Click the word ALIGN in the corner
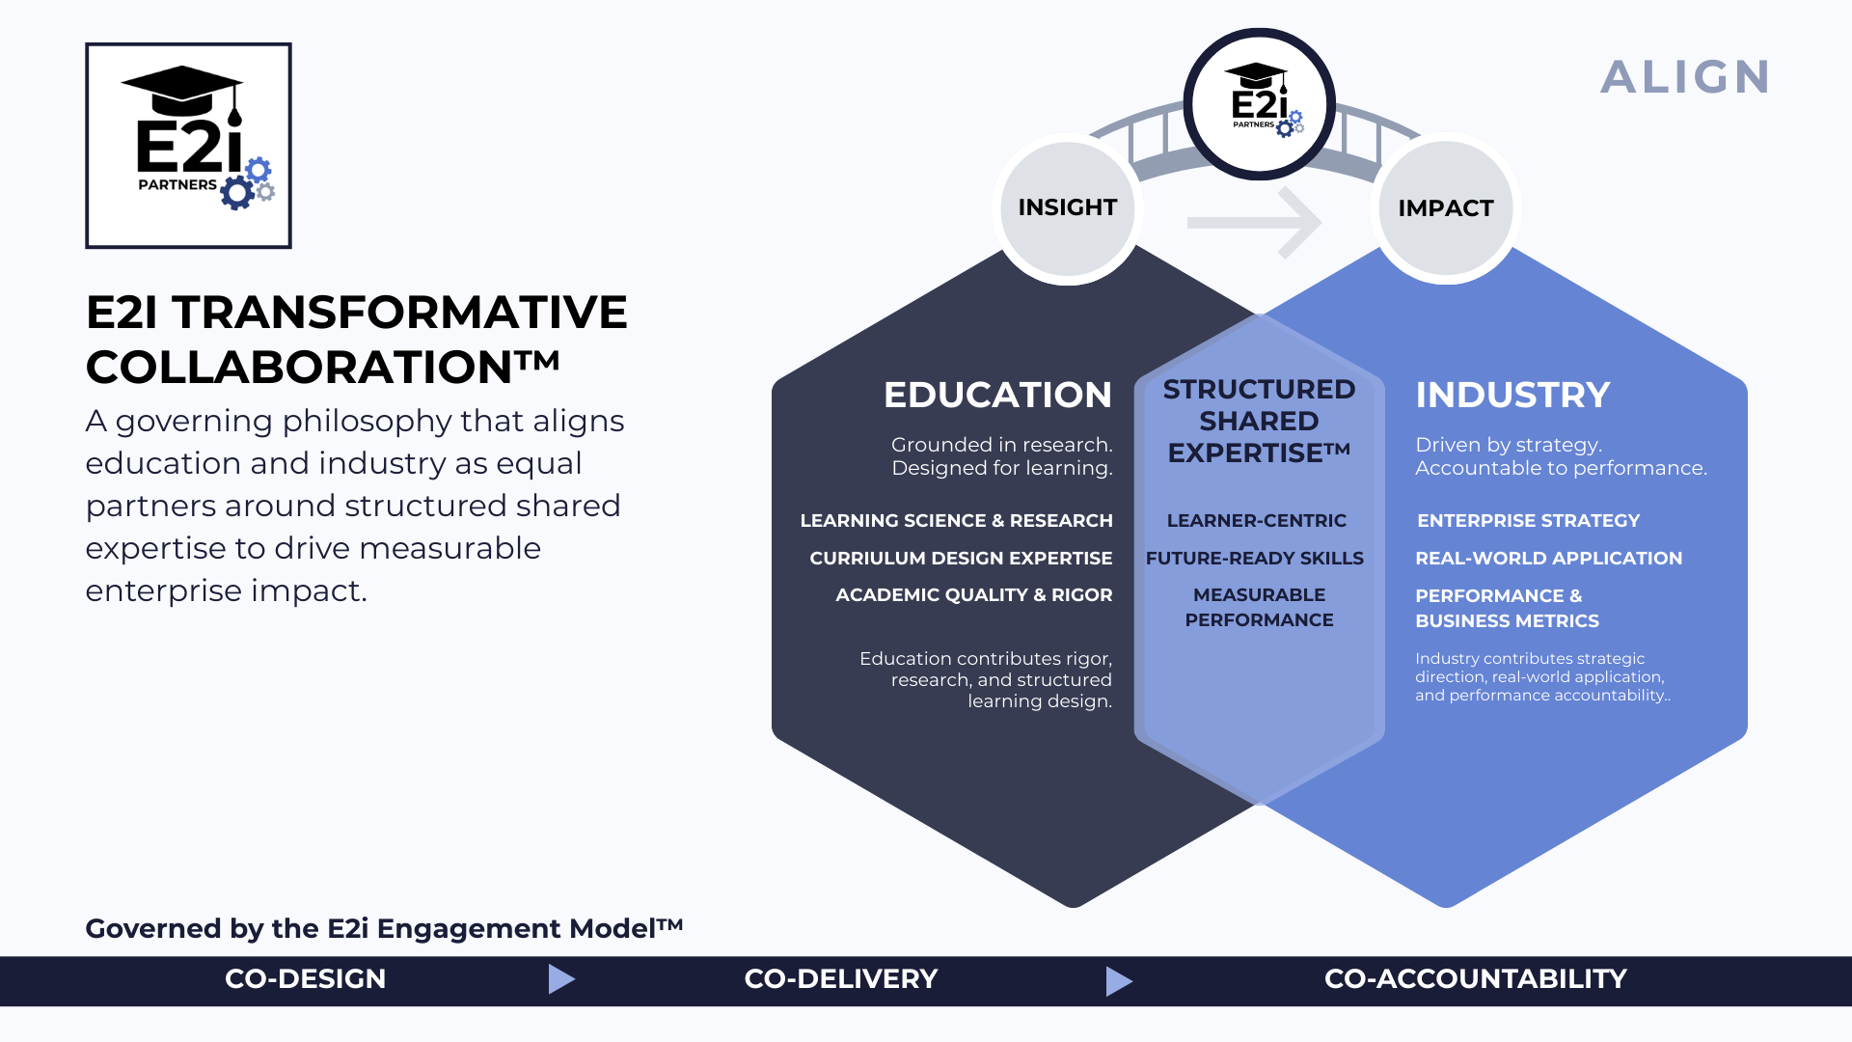pos(1685,77)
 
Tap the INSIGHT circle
pos(1067,208)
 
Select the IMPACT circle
pos(1445,208)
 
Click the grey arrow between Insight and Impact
pos(1255,223)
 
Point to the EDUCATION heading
pos(997,395)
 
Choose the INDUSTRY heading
pos(1512,395)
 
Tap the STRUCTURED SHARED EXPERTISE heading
pos(1259,421)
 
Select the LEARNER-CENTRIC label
pos(1256,521)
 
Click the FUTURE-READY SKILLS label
pos(1254,559)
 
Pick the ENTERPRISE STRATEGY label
pos(1528,521)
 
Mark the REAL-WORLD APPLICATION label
pos(1548,559)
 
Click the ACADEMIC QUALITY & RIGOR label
pos(973,595)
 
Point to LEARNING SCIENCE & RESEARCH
pos(956,521)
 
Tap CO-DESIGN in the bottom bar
pos(305,979)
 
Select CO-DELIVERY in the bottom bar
pos(840,979)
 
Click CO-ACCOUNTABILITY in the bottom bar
pos(1475,979)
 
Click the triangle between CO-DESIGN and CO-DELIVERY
pos(560,979)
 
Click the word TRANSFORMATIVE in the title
pos(399,313)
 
